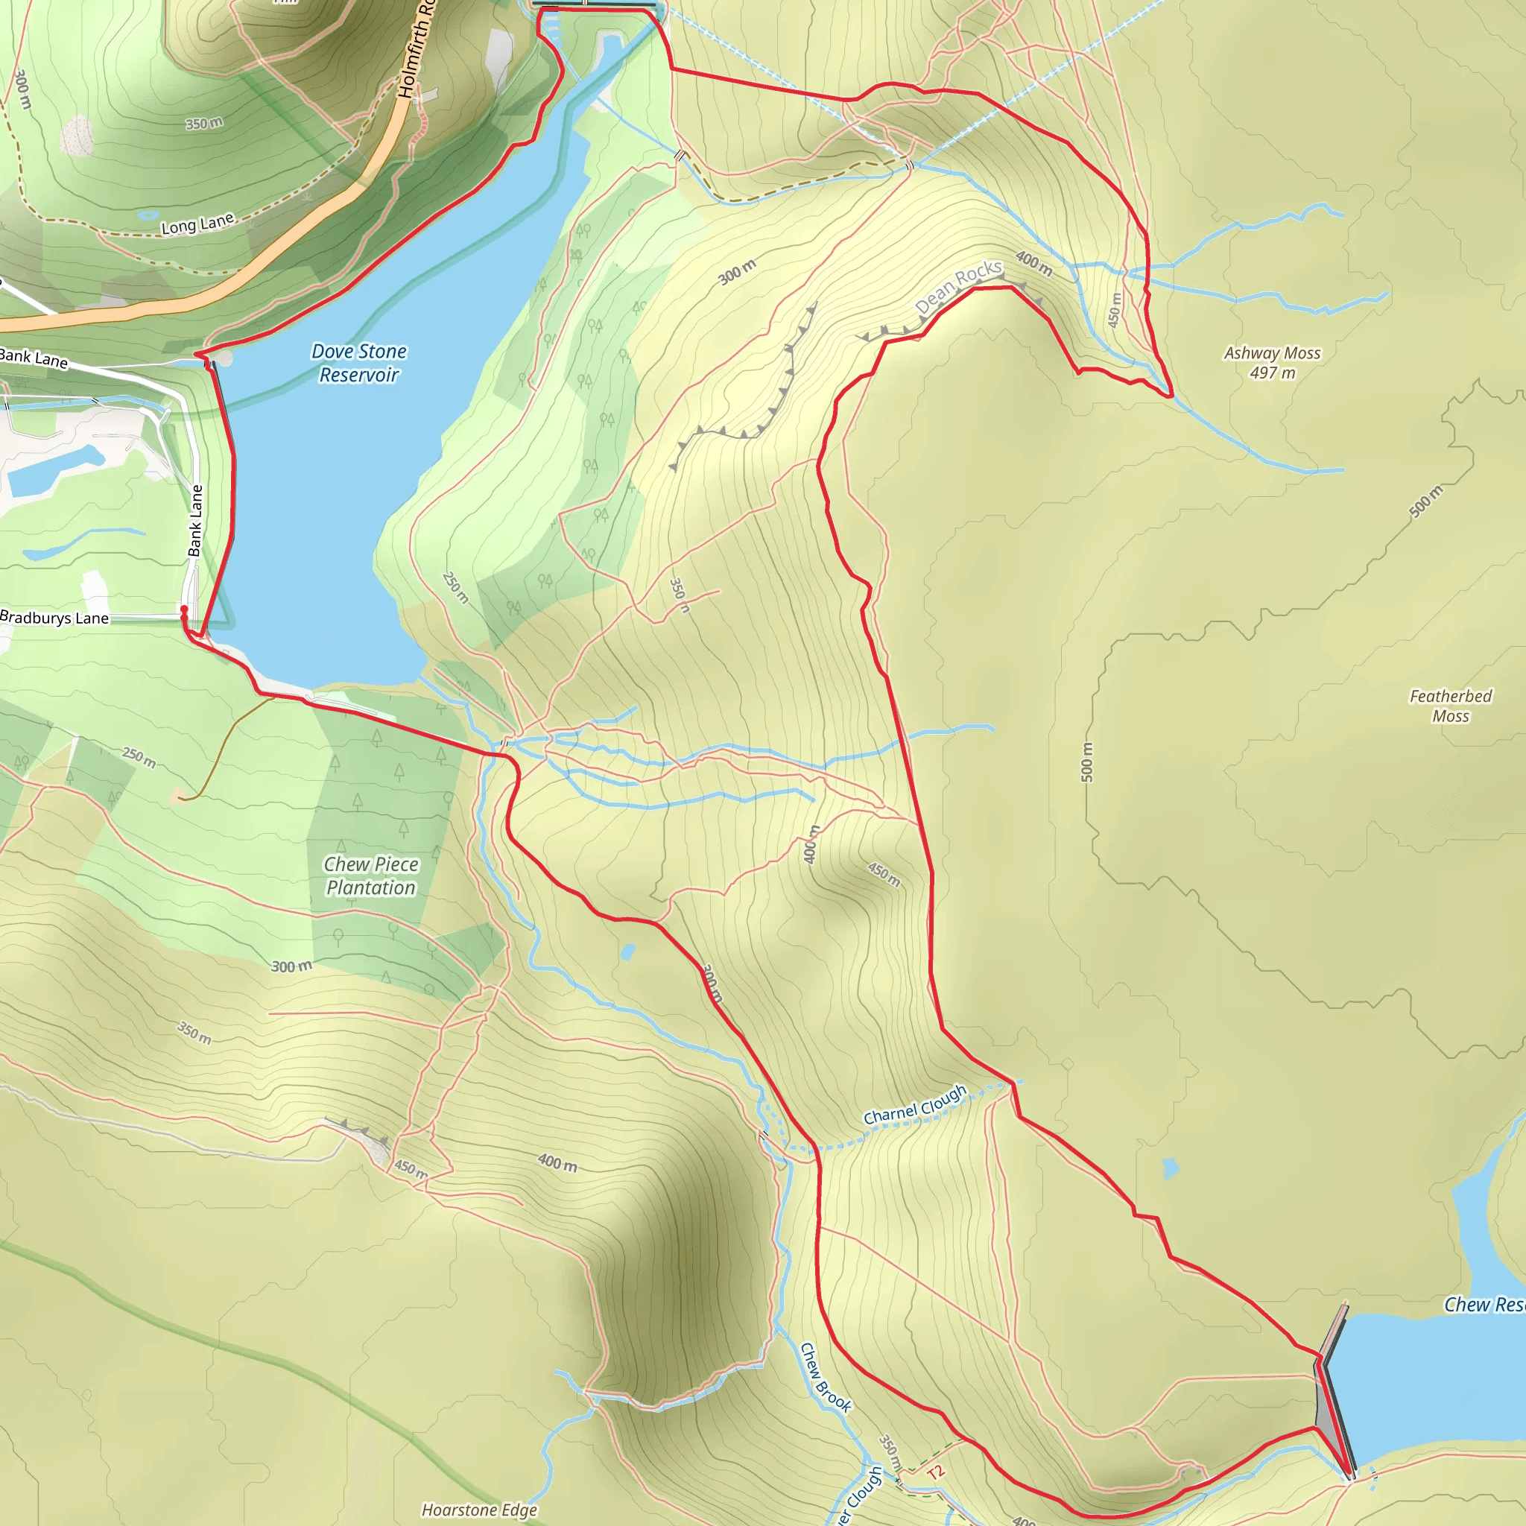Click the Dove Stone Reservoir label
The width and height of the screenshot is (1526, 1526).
(359, 363)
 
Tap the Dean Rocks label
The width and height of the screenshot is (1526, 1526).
(958, 287)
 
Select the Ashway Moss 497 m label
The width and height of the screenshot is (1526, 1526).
(1272, 363)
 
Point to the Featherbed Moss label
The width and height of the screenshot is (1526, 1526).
(1450, 706)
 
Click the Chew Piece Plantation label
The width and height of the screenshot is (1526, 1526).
(370, 876)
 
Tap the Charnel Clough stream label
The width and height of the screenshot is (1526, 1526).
(915, 1104)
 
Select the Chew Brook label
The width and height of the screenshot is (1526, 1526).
(826, 1377)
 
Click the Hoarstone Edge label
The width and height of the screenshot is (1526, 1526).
(478, 1510)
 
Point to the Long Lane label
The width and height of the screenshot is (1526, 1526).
(197, 224)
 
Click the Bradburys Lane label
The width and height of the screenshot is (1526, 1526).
(54, 618)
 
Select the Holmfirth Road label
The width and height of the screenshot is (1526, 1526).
(417, 51)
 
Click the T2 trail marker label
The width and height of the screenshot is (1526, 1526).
(935, 1472)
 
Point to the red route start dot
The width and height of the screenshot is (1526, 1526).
(184, 609)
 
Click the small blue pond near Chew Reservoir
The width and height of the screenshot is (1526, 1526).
(1170, 1168)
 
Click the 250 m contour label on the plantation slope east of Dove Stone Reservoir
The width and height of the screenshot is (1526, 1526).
(455, 587)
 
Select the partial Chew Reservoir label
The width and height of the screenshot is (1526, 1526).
(1484, 1305)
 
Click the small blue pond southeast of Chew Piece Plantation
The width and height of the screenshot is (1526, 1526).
(628, 952)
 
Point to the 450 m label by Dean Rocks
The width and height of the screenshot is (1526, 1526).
(1114, 310)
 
